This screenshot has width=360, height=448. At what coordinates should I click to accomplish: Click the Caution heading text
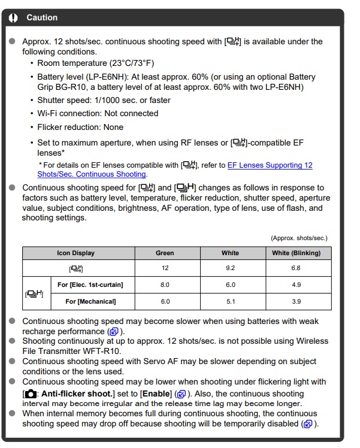(x=42, y=18)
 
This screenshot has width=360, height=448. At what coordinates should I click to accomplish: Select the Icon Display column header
(x=75, y=253)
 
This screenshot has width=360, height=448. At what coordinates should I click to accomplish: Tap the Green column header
(x=165, y=253)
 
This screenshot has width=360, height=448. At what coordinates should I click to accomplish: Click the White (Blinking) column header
(x=296, y=253)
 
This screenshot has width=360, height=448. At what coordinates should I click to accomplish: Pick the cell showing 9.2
(x=231, y=268)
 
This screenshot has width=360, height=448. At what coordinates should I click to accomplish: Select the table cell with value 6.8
(x=296, y=268)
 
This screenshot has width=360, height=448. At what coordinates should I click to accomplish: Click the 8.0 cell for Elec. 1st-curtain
(x=165, y=284)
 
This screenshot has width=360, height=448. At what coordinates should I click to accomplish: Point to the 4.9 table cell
(x=296, y=284)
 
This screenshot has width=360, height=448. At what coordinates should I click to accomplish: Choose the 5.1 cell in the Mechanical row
(x=231, y=301)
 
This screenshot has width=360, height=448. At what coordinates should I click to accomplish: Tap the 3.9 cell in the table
(x=296, y=301)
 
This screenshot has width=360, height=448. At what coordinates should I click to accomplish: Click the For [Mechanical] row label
(x=90, y=301)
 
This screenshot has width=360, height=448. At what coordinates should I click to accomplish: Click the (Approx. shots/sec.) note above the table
(x=299, y=238)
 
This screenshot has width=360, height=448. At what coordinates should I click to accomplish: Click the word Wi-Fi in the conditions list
(x=49, y=113)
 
